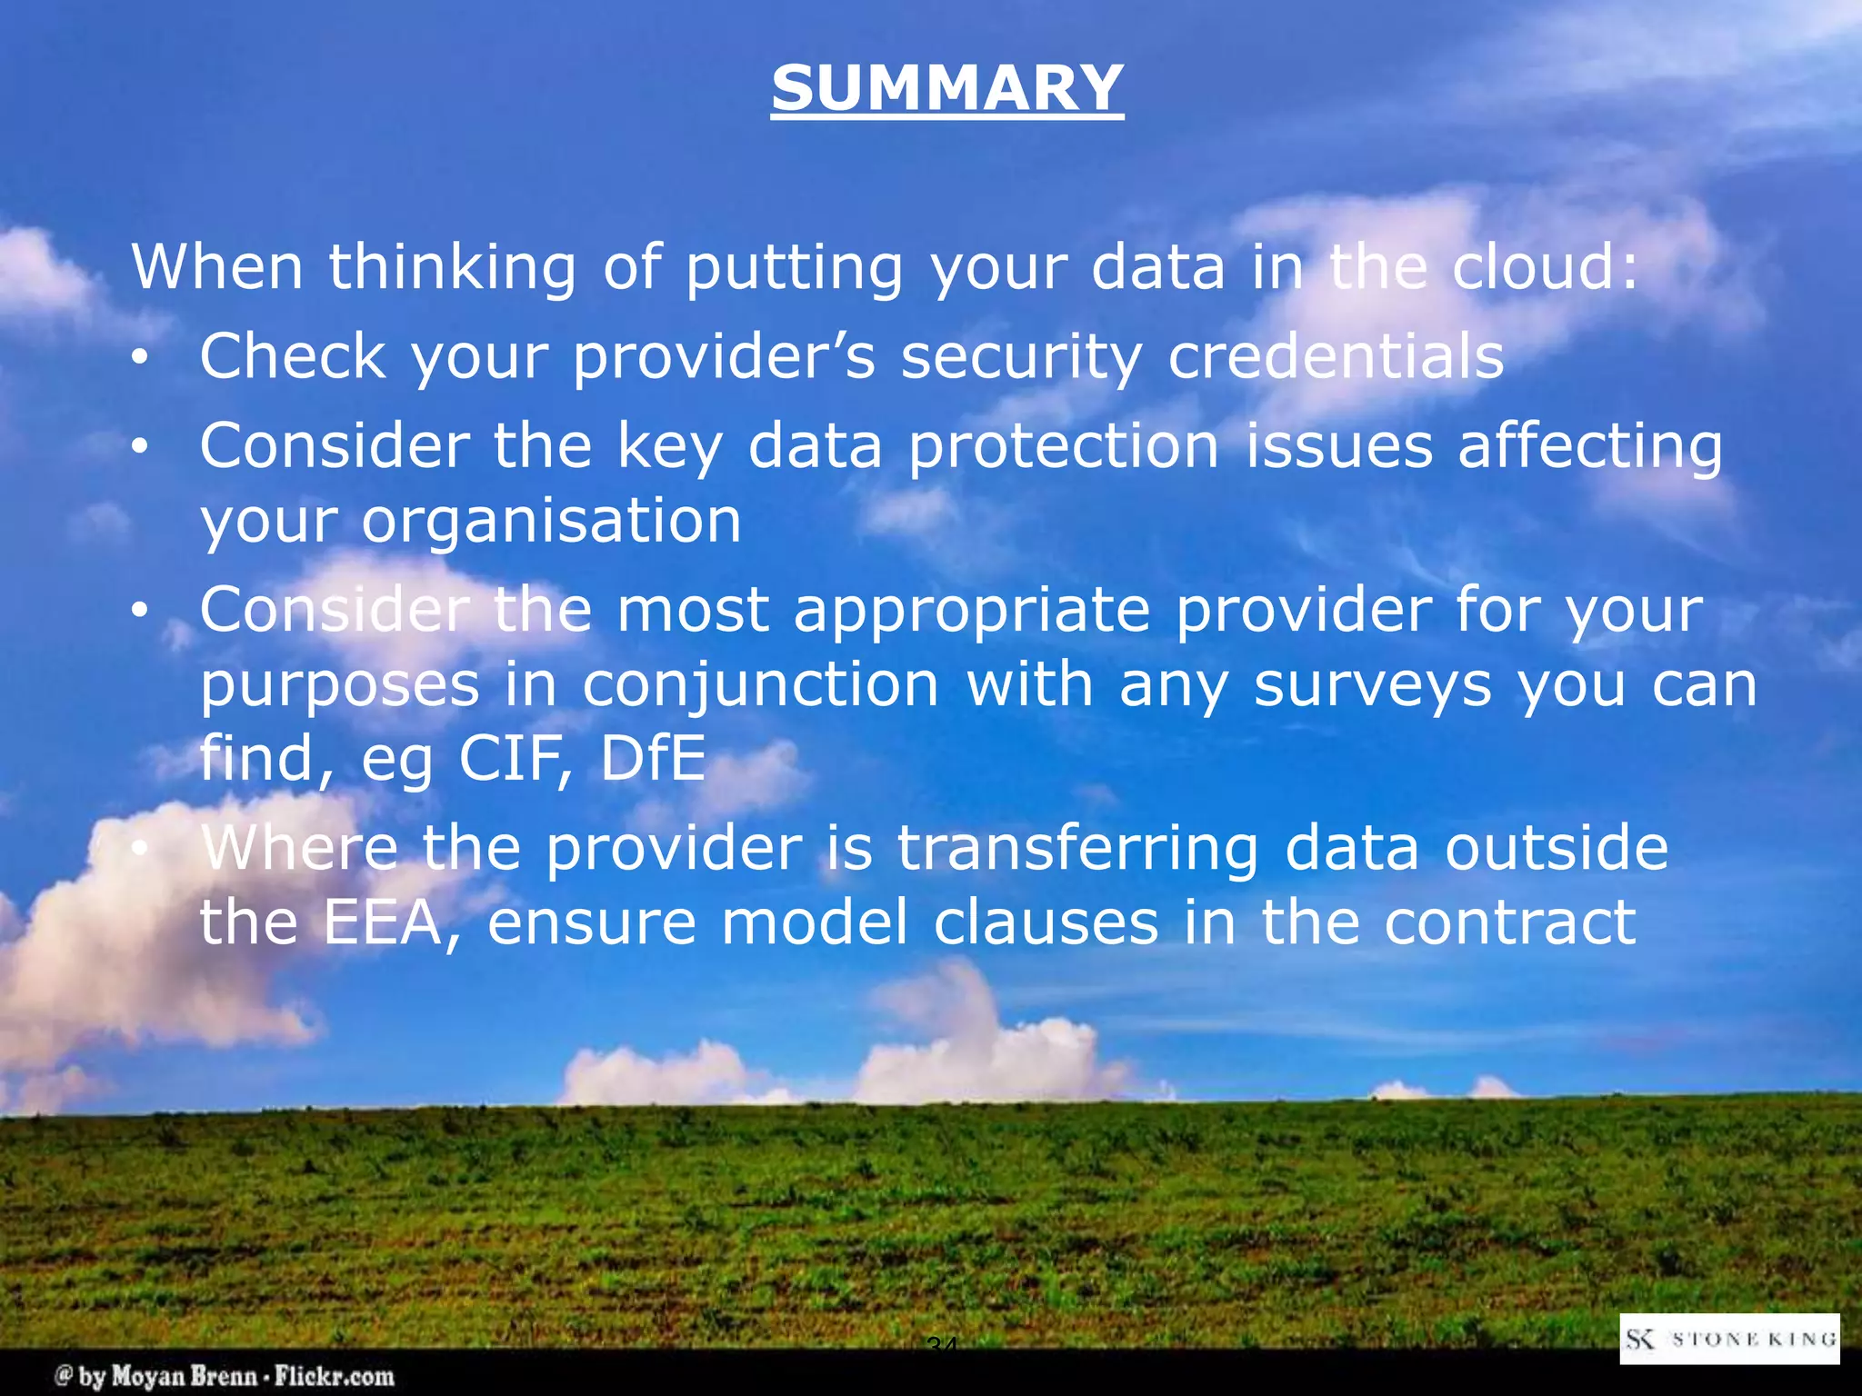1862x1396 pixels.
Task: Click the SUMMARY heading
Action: pyautogui.click(x=947, y=88)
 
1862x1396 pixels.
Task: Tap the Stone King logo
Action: pyautogui.click(x=1729, y=1339)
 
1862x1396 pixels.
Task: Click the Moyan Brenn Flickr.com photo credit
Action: pyautogui.click(x=225, y=1376)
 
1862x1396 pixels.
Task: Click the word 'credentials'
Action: pyautogui.click(x=1336, y=356)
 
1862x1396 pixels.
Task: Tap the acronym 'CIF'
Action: pyautogui.click(x=516, y=758)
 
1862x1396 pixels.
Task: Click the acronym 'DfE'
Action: pyautogui.click(x=652, y=758)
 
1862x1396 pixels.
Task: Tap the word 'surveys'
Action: pyautogui.click(x=1373, y=685)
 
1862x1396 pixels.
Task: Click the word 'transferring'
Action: pyautogui.click(x=1077, y=849)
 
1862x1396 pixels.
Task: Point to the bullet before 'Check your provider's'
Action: pyautogui.click(x=138, y=360)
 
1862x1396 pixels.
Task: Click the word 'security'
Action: pyautogui.click(x=1021, y=358)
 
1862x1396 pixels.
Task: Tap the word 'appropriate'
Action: pyautogui.click(x=972, y=611)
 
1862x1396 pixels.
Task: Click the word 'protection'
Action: pyautogui.click(x=1063, y=447)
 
